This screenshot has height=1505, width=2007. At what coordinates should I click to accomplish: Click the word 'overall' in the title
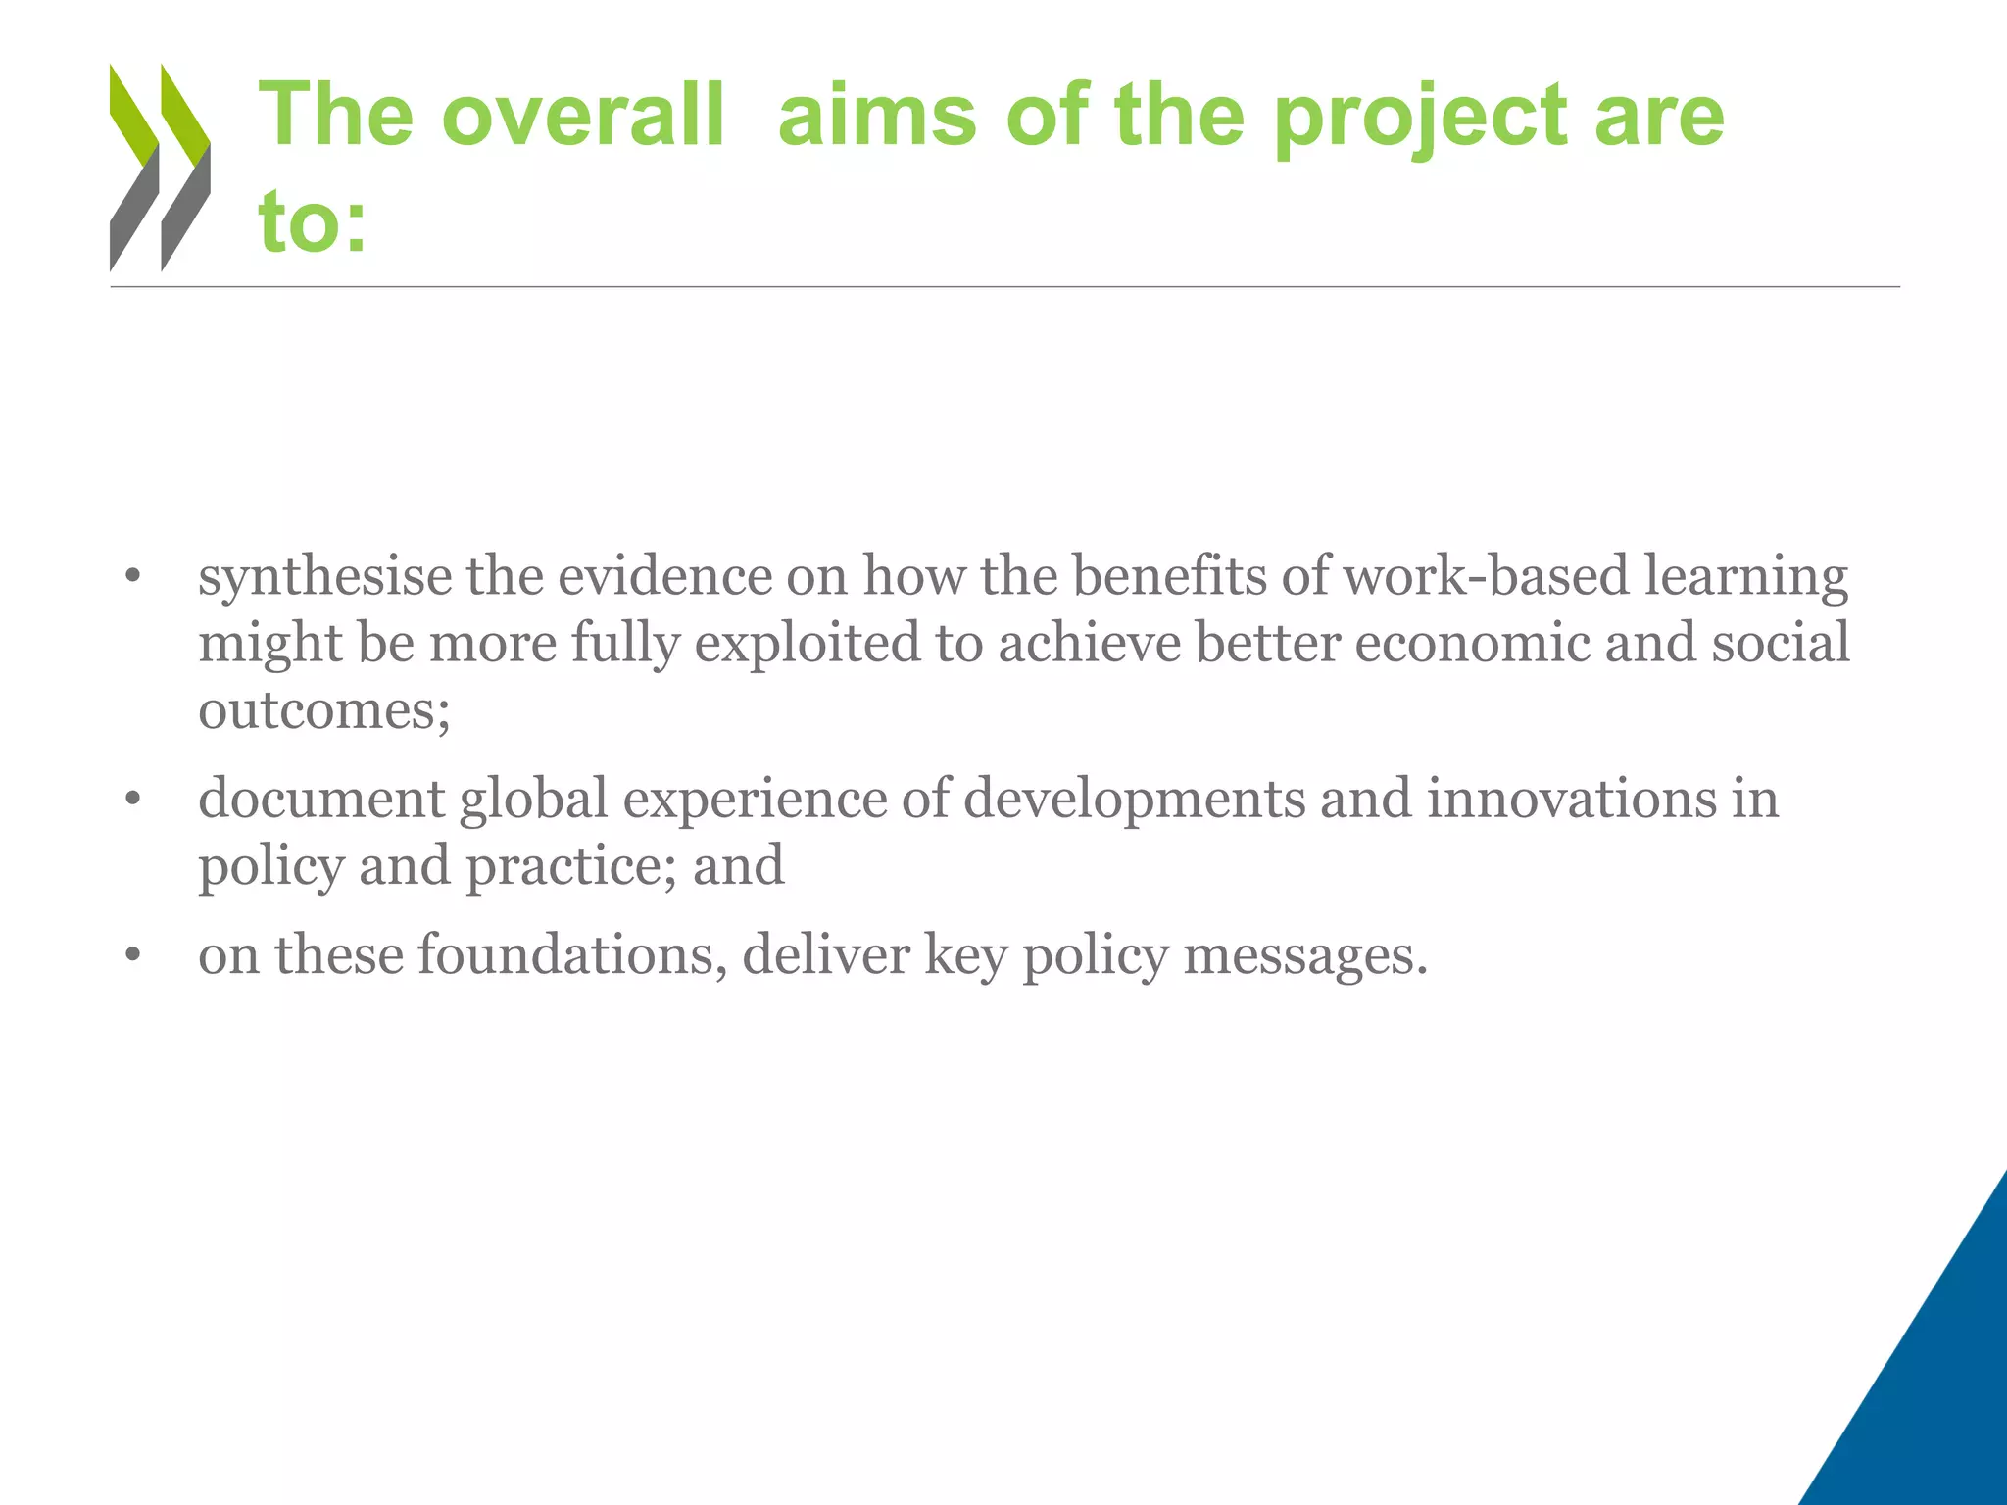582,115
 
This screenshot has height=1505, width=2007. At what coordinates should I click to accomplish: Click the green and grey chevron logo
160,167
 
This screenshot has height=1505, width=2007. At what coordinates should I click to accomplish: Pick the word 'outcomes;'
324,708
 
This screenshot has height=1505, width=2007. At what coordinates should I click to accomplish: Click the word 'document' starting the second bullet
321,798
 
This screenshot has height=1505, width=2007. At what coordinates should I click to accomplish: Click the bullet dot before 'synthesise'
134,577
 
